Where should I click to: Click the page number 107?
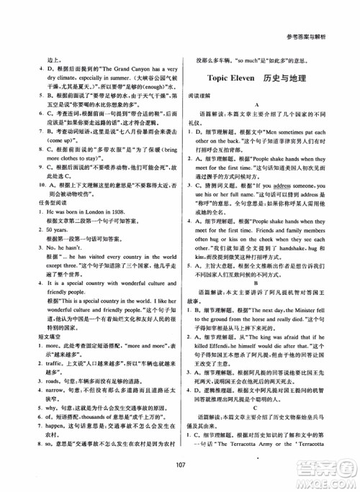180,463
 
